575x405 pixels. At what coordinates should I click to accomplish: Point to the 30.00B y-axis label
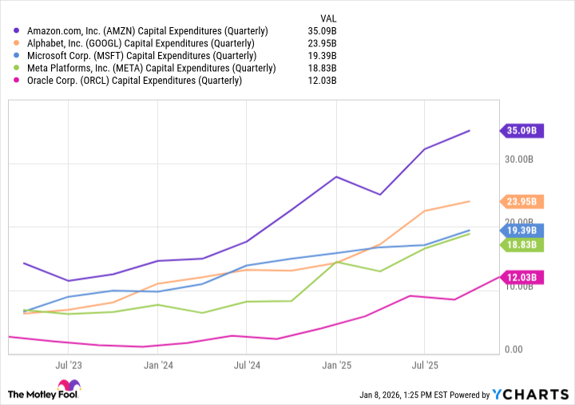[x=522, y=160]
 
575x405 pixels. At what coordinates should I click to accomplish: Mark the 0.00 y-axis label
[x=513, y=350]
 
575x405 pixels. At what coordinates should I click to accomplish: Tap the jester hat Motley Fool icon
[x=18, y=393]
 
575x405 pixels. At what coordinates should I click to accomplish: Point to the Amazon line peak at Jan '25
[x=336, y=177]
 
